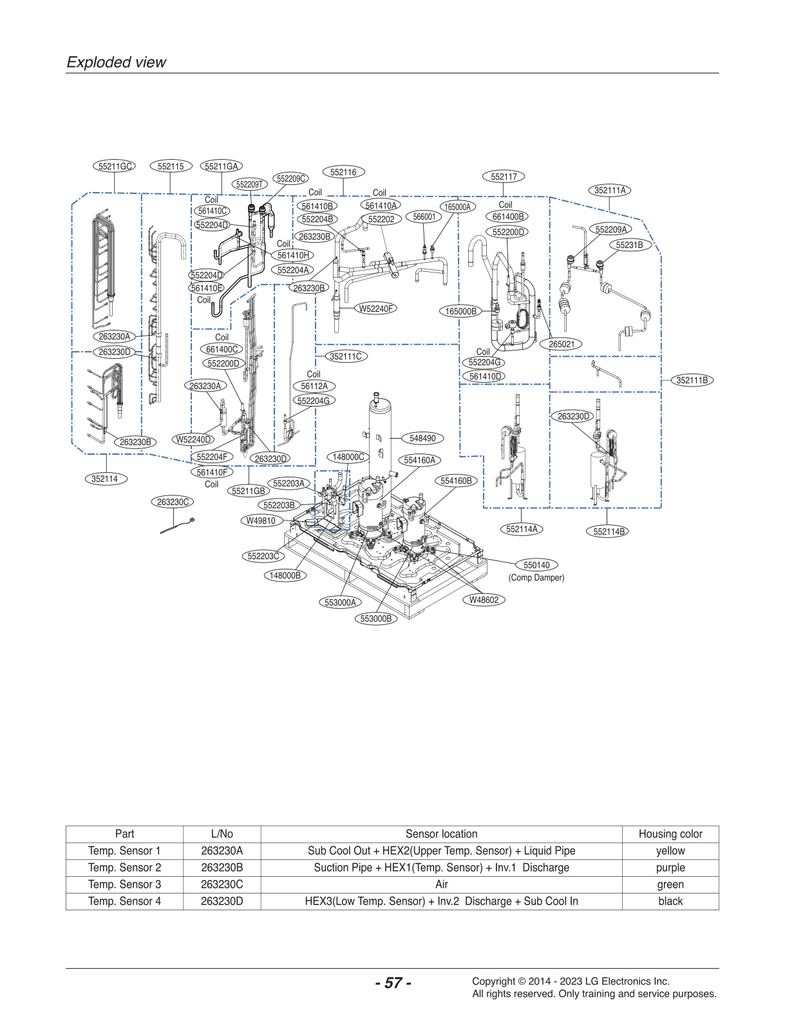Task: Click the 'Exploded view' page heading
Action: click(117, 62)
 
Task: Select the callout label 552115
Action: click(171, 166)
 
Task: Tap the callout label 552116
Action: click(343, 172)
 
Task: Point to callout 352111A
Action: click(610, 190)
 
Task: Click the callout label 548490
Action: click(422, 438)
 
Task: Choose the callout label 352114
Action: click(104, 479)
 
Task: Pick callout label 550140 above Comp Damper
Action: click(536, 565)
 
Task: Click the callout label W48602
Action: click(483, 600)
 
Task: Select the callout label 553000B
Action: click(376, 618)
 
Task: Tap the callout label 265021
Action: click(561, 344)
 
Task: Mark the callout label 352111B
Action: click(692, 380)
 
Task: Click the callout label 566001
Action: click(424, 217)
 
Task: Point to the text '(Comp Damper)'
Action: click(536, 578)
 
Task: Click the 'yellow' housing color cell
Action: click(670, 850)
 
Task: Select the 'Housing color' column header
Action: click(670, 834)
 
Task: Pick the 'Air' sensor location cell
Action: click(441, 884)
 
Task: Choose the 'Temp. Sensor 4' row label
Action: click(124, 901)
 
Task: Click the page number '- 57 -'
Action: click(393, 983)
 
